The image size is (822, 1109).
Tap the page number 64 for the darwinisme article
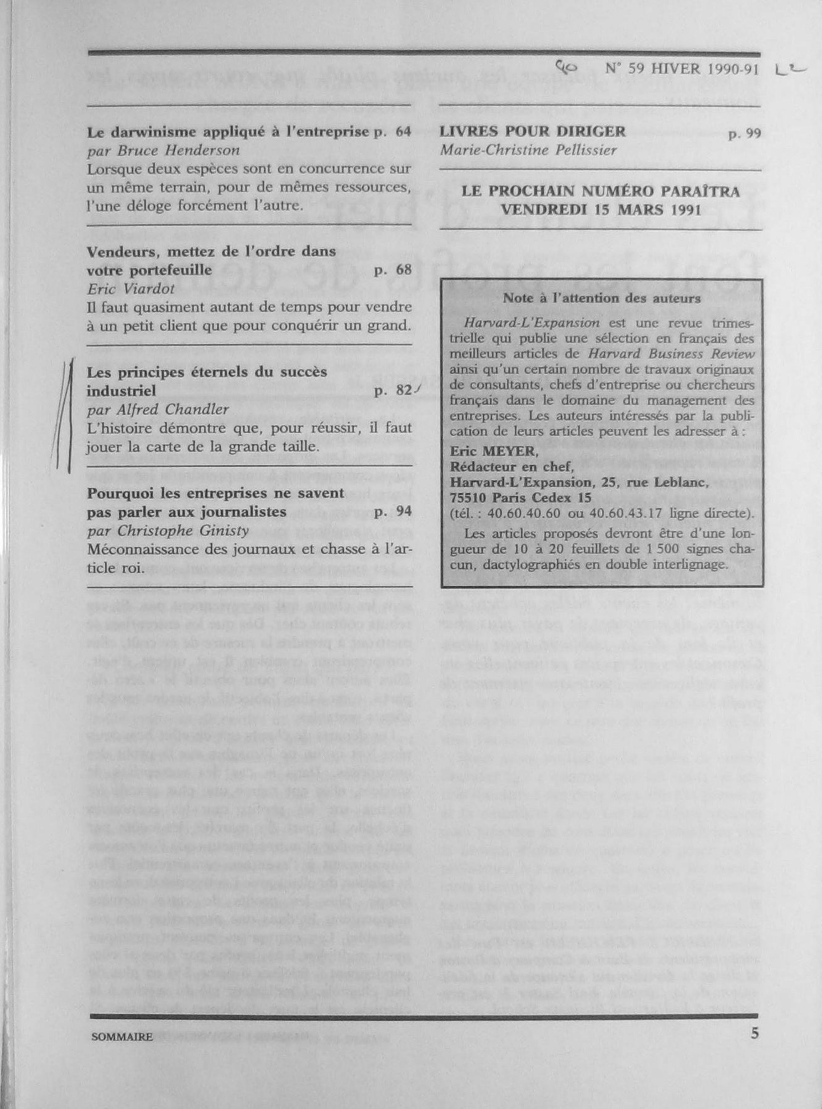(403, 132)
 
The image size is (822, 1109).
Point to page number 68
(403, 270)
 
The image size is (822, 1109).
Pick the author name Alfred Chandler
(158, 409)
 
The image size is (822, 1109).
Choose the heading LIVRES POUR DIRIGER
(532, 132)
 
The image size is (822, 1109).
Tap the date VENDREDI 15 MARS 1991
(601, 209)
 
